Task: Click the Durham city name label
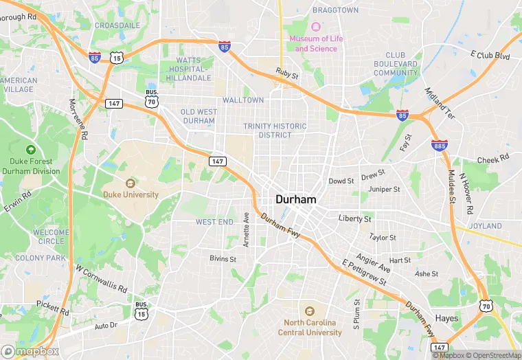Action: click(296, 199)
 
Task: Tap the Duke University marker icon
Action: click(130, 183)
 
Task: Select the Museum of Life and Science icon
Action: click(315, 27)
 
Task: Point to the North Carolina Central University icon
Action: click(309, 311)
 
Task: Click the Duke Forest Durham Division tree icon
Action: click(31, 150)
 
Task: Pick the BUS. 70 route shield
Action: click(152, 98)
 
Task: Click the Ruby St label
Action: click(287, 74)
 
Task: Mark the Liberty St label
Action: click(354, 218)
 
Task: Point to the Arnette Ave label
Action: click(246, 230)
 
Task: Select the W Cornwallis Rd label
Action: click(102, 279)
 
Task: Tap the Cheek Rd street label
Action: click(493, 159)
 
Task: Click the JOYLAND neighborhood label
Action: click(485, 225)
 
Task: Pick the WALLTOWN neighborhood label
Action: click(242, 100)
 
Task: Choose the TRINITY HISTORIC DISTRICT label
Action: click(275, 131)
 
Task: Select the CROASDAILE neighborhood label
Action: click(117, 25)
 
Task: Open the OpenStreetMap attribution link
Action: click(492, 355)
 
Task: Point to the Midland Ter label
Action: click(440, 103)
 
